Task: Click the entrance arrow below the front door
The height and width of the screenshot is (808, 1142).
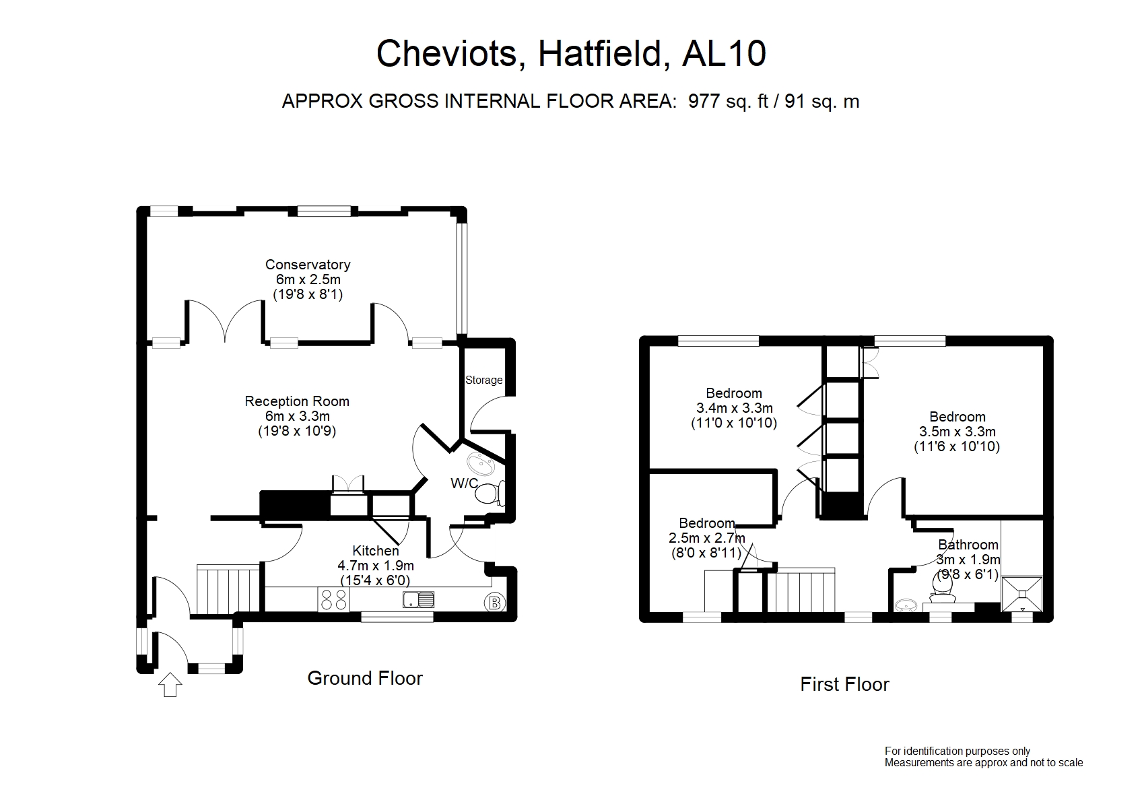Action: [170, 684]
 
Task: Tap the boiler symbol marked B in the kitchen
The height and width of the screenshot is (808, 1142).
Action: [494, 603]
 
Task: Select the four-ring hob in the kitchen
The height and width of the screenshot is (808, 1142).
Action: [333, 599]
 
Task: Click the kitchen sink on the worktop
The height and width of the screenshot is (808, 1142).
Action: [419, 599]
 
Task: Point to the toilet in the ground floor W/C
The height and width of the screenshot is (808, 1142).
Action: [490, 492]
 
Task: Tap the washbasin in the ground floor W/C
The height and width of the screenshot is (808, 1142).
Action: [480, 464]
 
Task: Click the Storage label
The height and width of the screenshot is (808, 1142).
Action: [484, 380]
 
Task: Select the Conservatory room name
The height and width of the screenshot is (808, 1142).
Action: [308, 265]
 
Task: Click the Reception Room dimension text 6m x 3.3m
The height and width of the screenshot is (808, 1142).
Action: [297, 416]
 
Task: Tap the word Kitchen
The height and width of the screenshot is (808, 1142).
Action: [376, 551]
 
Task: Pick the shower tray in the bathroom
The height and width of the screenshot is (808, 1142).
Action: [1022, 594]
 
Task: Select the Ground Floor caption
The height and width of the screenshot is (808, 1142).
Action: [365, 679]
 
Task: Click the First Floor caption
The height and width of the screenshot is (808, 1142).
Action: [845, 685]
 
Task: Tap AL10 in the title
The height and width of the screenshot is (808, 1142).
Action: [724, 53]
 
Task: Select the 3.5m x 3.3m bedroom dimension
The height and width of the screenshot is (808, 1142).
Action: [958, 432]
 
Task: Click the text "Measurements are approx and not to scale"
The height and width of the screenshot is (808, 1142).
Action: [984, 763]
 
